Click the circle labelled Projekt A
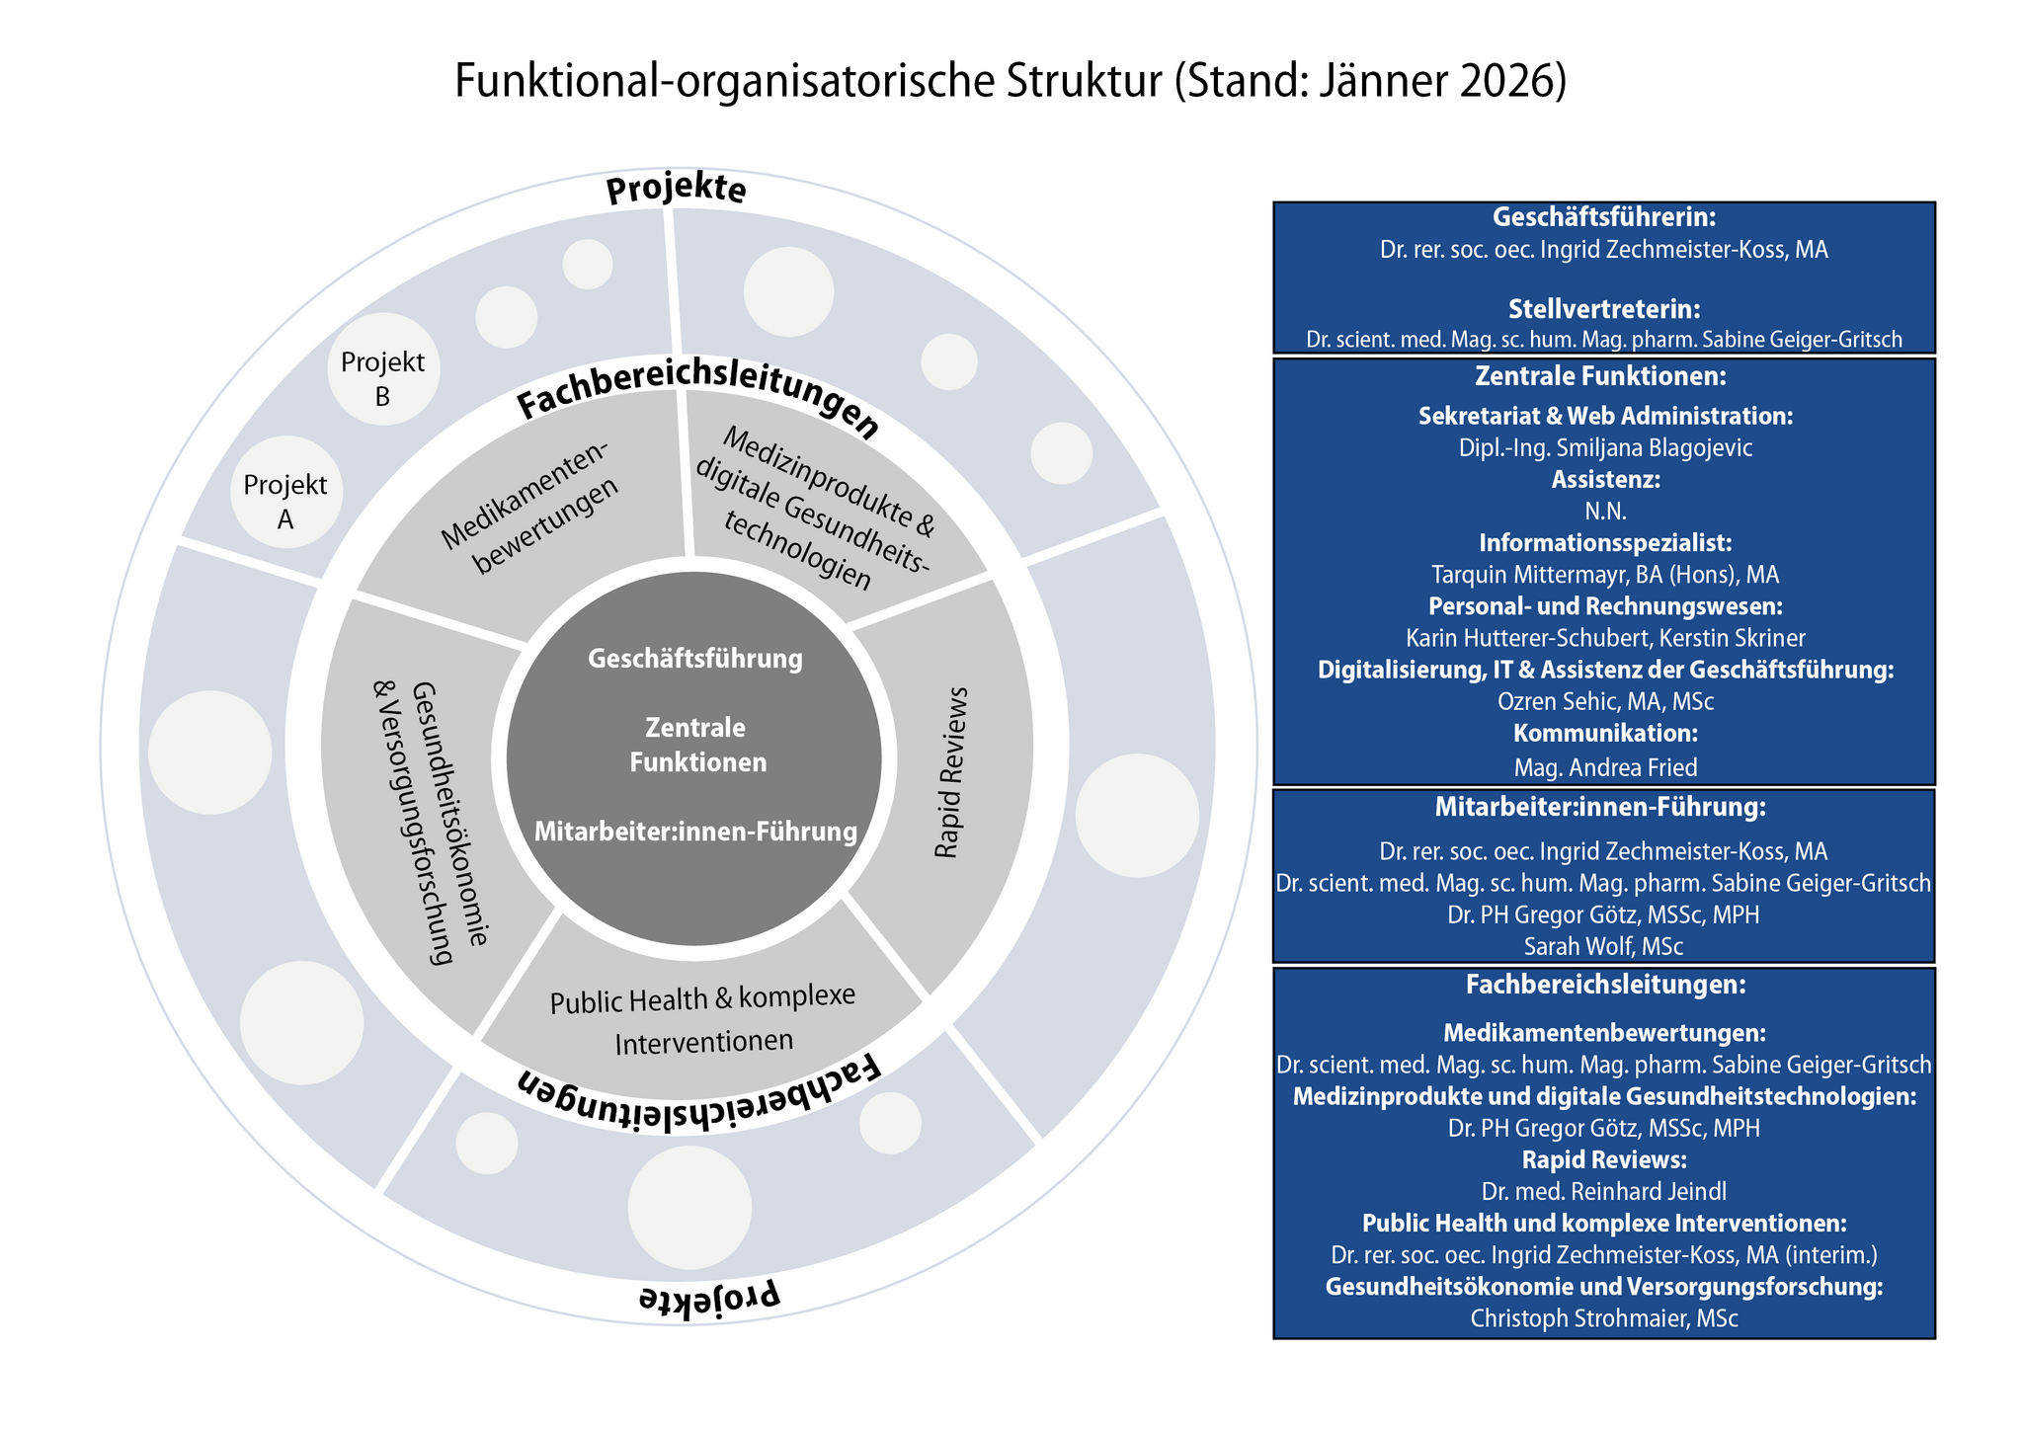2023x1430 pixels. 285,502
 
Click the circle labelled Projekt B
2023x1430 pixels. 382,379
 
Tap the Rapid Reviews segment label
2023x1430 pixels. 951,772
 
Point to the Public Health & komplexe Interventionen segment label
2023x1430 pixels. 702,1020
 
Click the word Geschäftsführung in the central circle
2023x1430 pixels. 694,659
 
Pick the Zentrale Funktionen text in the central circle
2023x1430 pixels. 696,746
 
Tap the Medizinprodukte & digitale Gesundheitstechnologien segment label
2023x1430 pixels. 812,509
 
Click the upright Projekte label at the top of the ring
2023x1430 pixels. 676,190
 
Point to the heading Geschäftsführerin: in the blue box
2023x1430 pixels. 1603,217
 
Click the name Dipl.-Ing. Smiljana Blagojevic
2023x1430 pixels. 1605,448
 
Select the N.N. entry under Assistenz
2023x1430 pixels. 1605,512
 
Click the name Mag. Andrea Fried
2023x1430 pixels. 1605,767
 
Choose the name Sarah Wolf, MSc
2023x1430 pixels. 1603,946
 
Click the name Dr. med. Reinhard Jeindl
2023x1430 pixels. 1603,1192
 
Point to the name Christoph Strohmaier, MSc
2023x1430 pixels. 1603,1318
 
